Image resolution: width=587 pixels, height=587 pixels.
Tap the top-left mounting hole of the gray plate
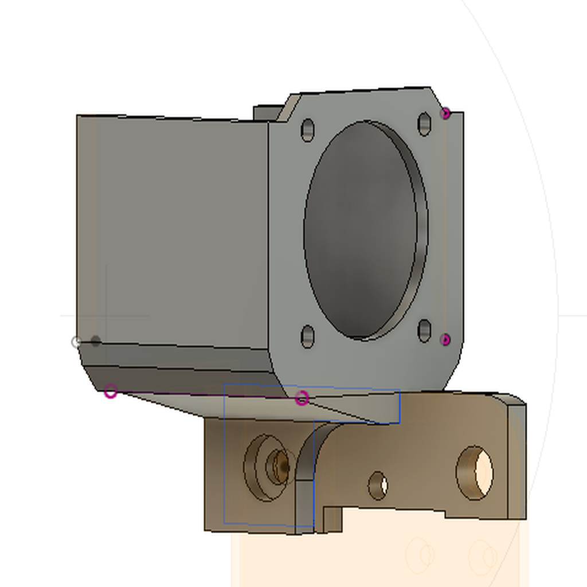tap(308, 130)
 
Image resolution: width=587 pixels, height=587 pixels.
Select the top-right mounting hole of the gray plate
tap(424, 124)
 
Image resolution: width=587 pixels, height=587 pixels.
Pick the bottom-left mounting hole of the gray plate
tap(308, 336)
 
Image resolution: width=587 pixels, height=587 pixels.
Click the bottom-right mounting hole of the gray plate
tap(424, 331)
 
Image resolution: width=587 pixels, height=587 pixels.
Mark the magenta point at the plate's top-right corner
tap(445, 114)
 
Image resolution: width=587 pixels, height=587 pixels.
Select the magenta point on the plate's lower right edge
tap(445, 340)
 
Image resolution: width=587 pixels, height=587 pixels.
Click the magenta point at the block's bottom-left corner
tap(111, 392)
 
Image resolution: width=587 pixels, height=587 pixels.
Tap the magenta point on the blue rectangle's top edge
tap(302, 398)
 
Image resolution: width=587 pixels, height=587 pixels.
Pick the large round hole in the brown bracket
tap(475, 472)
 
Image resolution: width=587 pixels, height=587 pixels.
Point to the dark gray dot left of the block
tap(96, 342)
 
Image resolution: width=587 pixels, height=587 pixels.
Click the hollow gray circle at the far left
tap(76, 342)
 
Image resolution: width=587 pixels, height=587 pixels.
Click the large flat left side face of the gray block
tap(172, 229)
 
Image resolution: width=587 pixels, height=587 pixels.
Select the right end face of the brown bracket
tap(517, 459)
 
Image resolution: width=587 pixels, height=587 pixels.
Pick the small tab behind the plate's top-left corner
tap(267, 112)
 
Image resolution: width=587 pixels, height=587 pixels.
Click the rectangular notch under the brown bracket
tap(333, 519)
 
